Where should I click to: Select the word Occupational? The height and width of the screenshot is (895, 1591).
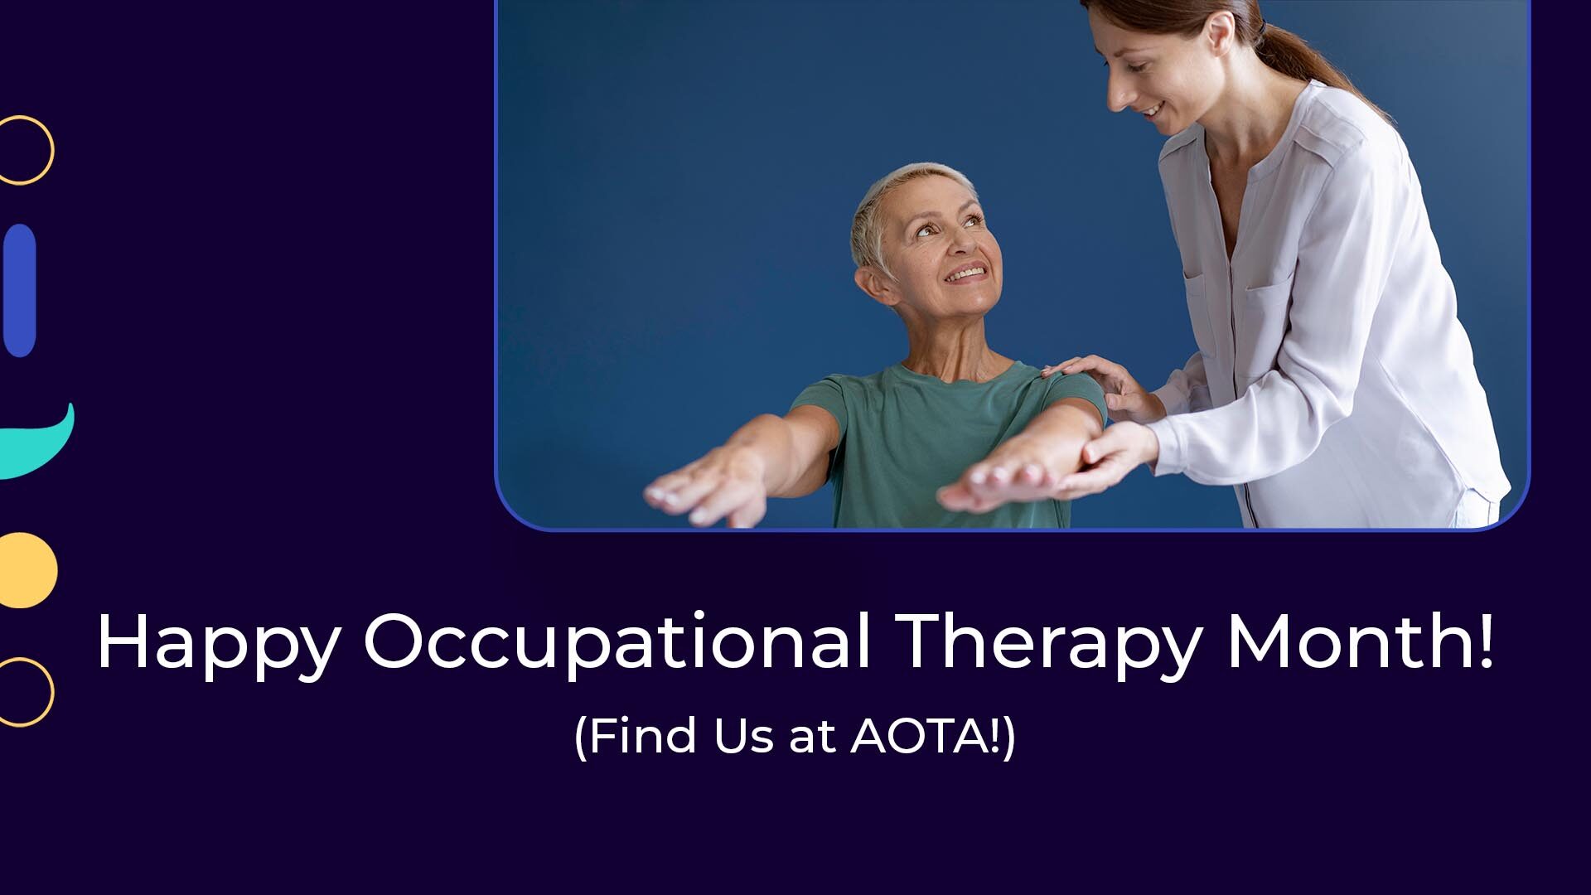[617, 643]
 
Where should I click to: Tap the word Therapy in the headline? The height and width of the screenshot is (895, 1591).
[1048, 645]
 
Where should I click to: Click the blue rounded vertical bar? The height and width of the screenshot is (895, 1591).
[20, 291]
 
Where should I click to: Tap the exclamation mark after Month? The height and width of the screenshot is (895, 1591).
[1484, 640]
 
